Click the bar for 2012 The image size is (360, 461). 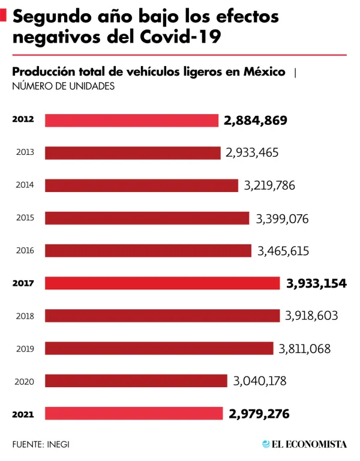[131, 120]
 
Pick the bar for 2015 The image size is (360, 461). [147, 218]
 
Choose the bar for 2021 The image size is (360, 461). [134, 414]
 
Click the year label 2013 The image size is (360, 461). [25, 152]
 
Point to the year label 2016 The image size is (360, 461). [25, 251]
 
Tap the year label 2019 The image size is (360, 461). [25, 349]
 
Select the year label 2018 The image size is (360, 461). [25, 316]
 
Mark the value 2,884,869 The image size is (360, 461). [256, 120]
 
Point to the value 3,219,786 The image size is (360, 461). [269, 185]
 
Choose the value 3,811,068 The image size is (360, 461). [304, 349]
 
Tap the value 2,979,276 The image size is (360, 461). [259, 414]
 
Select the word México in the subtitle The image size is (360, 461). [264, 72]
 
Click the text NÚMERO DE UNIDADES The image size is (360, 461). [63, 87]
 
